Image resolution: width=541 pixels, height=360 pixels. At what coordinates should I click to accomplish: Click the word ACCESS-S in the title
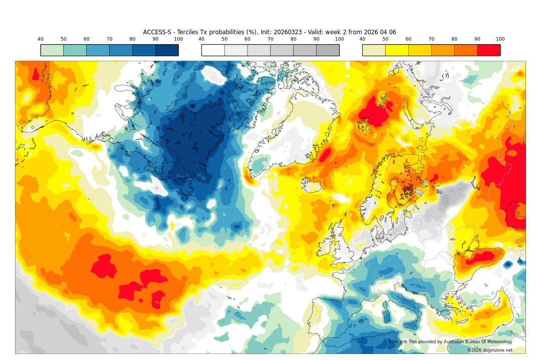point(157,32)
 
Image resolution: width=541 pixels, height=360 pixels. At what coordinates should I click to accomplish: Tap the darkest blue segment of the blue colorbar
point(167,50)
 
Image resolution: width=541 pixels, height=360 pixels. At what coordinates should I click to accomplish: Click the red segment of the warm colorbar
point(488,50)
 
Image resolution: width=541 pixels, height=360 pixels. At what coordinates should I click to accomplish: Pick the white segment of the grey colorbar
point(213,50)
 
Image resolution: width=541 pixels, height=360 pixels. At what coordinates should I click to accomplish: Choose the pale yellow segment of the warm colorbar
point(374,50)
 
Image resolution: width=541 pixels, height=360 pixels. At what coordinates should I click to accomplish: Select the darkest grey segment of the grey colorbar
point(328,50)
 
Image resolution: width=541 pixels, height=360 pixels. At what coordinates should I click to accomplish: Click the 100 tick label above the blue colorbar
point(178,39)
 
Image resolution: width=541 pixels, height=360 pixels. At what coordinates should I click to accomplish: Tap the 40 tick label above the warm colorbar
point(362,39)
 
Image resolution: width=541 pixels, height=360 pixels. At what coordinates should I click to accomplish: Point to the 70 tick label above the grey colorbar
point(270,39)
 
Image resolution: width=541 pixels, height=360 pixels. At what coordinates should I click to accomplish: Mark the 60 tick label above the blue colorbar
point(86,39)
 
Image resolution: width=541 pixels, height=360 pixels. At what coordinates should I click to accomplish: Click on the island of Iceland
point(314,185)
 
